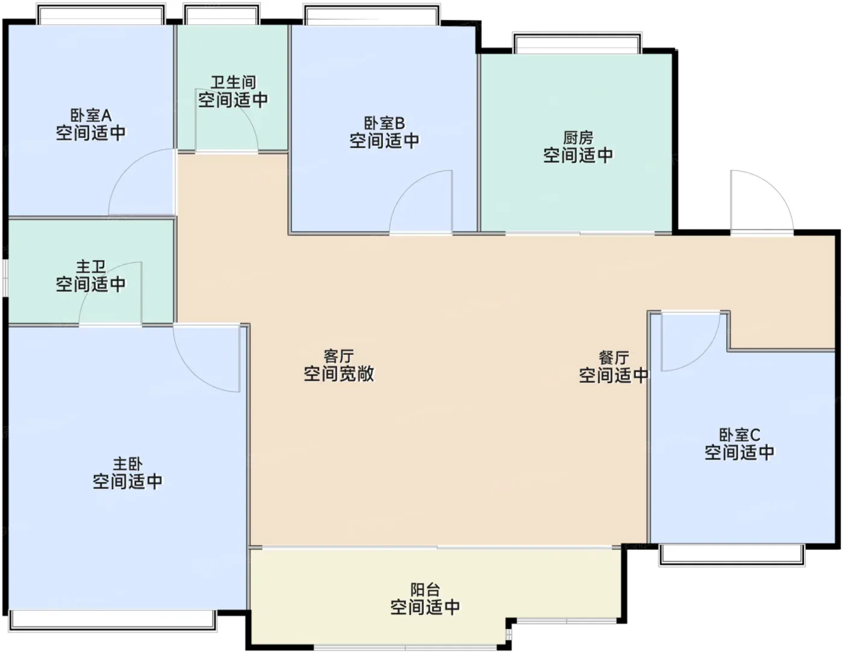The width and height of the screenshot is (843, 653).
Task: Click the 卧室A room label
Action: (91, 115)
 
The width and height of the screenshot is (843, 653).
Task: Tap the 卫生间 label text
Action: (233, 83)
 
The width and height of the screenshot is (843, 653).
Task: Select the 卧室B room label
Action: (384, 123)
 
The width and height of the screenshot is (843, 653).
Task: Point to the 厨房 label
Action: (578, 138)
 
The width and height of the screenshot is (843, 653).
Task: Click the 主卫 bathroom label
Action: (91, 267)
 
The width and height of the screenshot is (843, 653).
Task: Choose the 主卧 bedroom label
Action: (128, 464)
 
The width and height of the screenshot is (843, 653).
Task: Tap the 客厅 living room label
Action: (338, 356)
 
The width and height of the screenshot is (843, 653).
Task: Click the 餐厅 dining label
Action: (614, 358)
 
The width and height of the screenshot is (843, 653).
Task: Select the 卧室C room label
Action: (739, 434)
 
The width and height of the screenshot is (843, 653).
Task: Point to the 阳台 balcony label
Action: (425, 590)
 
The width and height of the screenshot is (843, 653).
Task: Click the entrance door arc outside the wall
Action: (776, 186)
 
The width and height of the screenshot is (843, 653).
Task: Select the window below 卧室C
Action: (732, 555)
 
